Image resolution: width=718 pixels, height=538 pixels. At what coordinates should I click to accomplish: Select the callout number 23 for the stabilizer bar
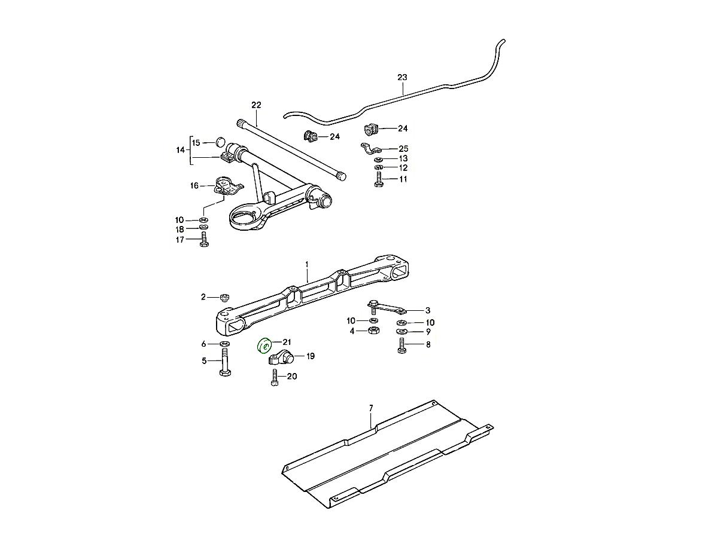[x=402, y=78]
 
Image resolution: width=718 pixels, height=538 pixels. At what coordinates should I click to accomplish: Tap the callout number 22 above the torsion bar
[x=256, y=105]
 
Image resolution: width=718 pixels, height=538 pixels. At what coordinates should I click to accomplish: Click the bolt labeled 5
[x=225, y=364]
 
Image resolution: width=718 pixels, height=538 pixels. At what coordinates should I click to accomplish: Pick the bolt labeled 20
[x=275, y=378]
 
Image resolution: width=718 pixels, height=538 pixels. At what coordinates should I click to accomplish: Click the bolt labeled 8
[x=401, y=346]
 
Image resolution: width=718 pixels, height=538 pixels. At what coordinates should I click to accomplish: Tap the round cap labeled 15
[x=220, y=142]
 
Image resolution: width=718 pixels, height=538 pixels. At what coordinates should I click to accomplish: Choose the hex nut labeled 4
[x=372, y=330]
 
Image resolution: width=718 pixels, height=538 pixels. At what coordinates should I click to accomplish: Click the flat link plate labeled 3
[x=388, y=308]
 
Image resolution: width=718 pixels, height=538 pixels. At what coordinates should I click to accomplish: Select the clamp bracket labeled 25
[x=372, y=150]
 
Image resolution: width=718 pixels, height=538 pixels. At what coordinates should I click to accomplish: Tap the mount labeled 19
[x=280, y=359]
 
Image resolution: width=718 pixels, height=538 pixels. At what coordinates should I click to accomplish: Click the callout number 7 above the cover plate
[x=371, y=408]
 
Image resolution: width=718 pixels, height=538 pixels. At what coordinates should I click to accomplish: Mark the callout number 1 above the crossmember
[x=306, y=264]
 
